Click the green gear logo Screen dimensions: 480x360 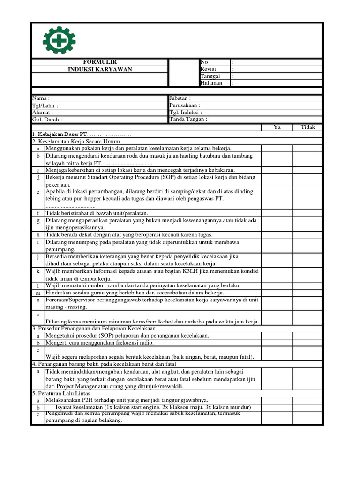(x=59, y=40)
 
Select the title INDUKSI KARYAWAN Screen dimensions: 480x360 (x=100, y=69)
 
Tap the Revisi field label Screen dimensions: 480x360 (x=208, y=69)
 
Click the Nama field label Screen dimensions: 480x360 (x=41, y=98)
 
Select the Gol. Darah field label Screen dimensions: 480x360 (x=47, y=120)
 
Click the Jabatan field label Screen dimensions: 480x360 (x=180, y=98)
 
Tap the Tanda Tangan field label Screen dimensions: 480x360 (x=188, y=119)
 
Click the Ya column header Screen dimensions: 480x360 (x=277, y=127)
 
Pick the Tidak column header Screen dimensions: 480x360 (x=308, y=127)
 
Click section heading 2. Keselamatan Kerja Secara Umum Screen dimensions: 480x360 (x=76, y=141)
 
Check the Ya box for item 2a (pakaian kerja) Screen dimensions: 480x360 (x=277, y=148)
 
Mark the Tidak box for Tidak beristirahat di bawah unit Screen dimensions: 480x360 (x=308, y=213)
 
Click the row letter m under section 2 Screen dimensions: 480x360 (x=38, y=293)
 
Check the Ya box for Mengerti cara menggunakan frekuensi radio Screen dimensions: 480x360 (x=277, y=343)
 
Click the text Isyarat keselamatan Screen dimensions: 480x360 (x=79, y=407)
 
